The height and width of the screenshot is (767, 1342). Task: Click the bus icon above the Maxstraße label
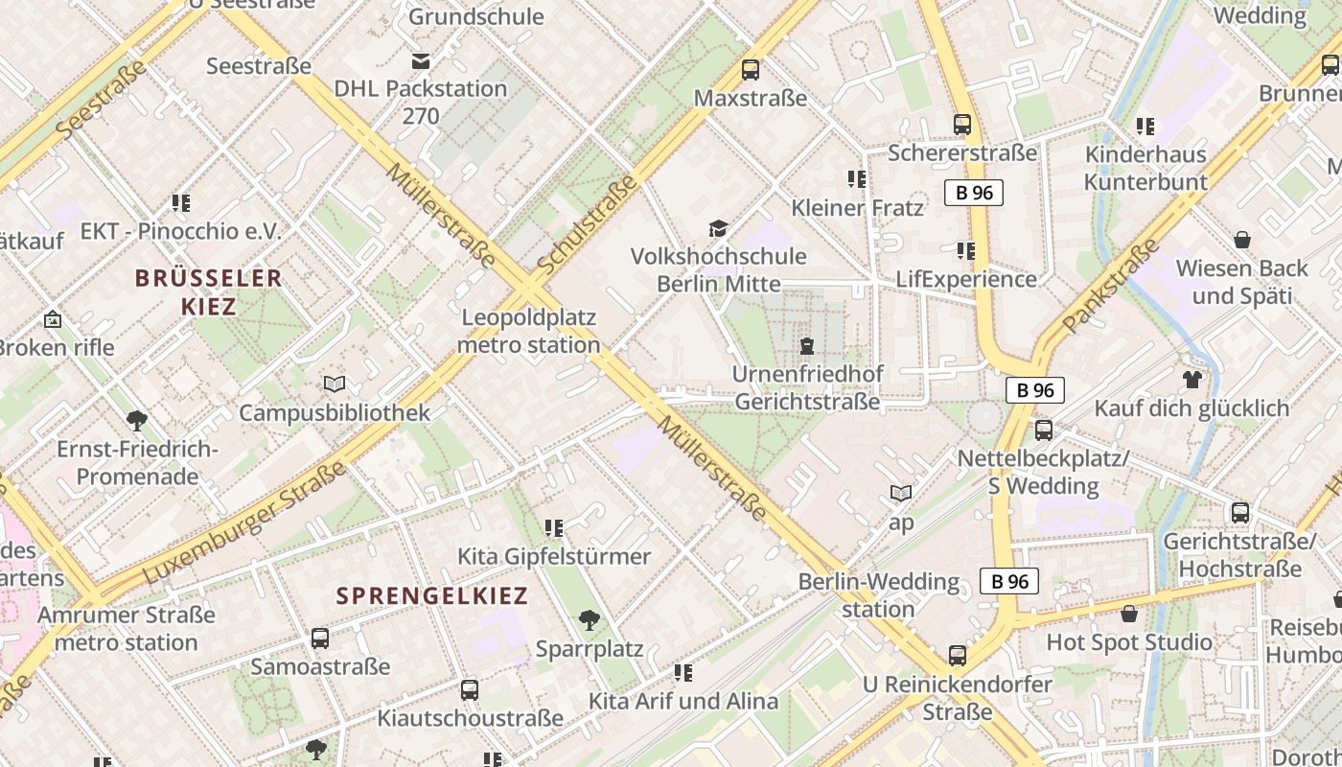[751, 70]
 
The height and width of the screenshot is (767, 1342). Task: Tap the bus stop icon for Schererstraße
[961, 125]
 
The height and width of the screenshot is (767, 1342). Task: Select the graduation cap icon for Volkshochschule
[718, 228]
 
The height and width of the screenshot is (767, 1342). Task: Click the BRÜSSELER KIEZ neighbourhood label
[208, 292]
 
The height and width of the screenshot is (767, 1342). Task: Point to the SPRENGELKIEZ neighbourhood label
[432, 595]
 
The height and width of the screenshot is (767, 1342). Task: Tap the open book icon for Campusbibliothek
[334, 384]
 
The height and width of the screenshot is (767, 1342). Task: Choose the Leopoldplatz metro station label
[529, 331]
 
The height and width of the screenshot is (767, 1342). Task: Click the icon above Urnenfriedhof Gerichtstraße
[807, 345]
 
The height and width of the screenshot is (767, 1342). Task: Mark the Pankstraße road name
[1111, 286]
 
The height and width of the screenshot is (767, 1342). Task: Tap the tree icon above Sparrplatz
[590, 620]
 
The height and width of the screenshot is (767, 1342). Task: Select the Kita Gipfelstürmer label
[553, 556]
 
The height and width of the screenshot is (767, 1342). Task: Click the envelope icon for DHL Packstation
[420, 61]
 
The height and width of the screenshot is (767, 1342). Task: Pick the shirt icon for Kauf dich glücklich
[1192, 380]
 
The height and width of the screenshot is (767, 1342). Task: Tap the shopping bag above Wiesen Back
[1242, 239]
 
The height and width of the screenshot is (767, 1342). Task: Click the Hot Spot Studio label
[1128, 641]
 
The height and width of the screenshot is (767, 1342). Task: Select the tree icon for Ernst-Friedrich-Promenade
[137, 420]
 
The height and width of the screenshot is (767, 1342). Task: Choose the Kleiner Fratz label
[857, 208]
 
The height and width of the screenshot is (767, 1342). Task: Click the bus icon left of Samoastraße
[320, 638]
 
